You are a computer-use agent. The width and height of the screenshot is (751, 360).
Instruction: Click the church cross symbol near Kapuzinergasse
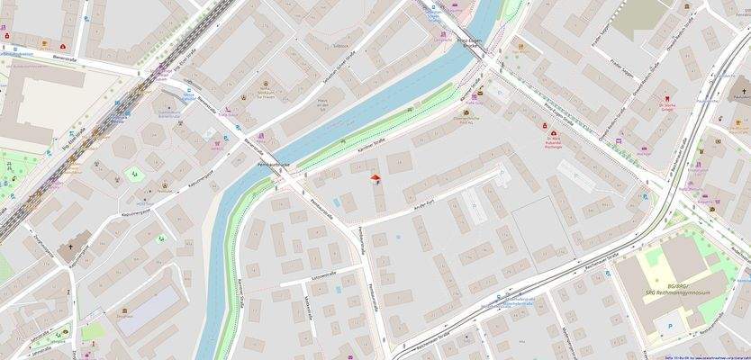coord(71,247)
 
